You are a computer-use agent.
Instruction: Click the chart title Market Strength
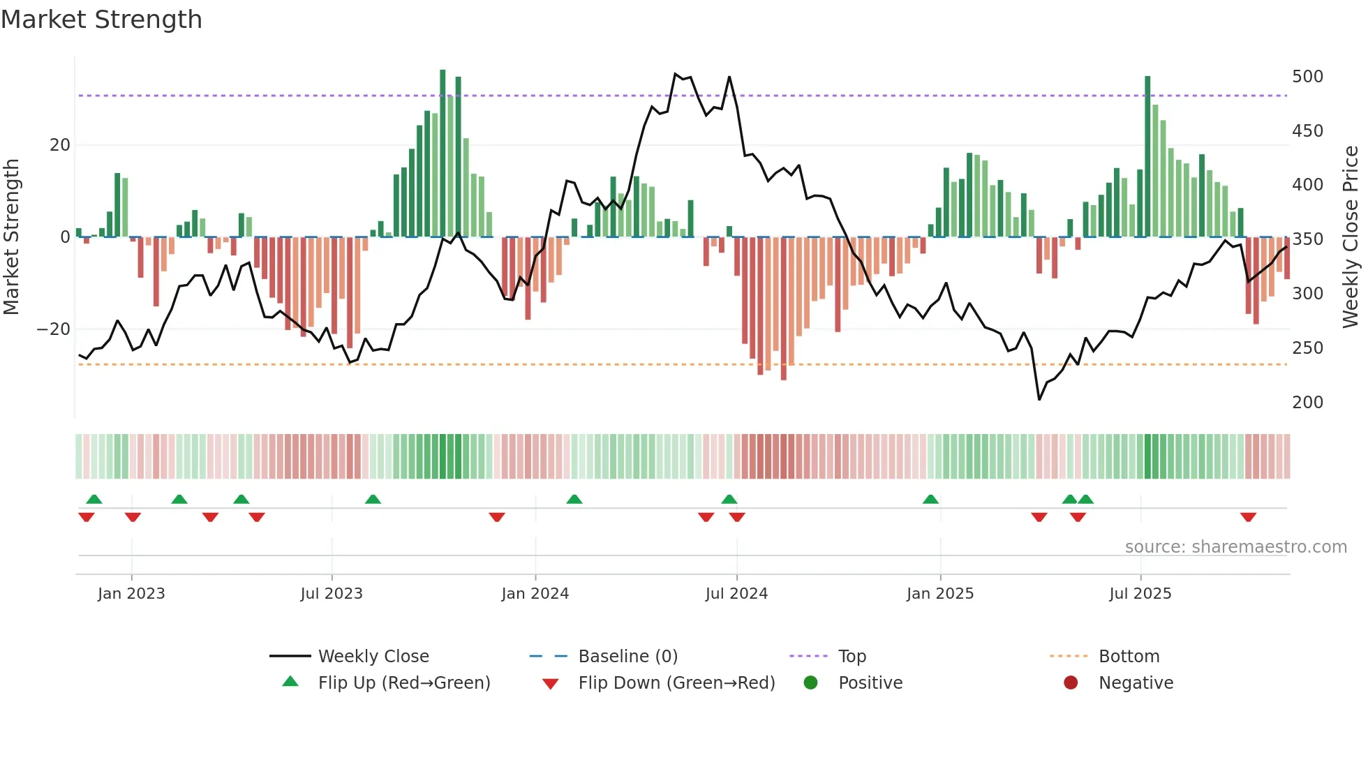[101, 20]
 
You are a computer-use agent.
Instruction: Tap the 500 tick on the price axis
[1307, 77]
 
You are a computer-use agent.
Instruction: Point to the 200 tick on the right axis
[1307, 403]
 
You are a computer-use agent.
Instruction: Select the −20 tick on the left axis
[54, 329]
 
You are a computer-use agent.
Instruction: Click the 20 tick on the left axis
[60, 145]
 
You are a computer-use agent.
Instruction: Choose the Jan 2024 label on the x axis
[535, 594]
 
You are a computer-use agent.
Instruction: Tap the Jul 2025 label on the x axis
[1140, 594]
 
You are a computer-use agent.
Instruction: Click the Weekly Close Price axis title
[1351, 237]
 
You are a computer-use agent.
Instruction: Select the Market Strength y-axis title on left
[12, 237]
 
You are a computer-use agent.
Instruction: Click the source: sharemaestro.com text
[1235, 547]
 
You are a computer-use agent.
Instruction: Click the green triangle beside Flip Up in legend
[290, 682]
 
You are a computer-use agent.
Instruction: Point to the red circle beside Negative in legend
[1070, 682]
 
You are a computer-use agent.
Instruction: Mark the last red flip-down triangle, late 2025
[1248, 517]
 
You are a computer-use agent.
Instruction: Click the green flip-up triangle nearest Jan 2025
[930, 499]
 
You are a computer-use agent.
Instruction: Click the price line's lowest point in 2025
[1039, 399]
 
